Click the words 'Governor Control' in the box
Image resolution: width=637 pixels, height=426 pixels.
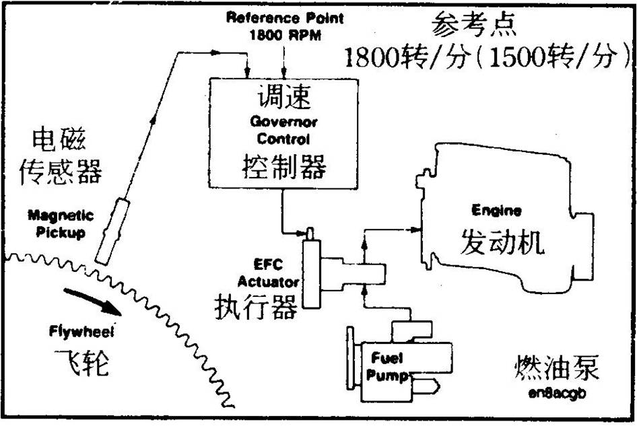pos(283,131)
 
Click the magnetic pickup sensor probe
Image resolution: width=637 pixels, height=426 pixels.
pos(111,230)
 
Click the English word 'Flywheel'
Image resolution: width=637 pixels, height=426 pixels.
pos(81,331)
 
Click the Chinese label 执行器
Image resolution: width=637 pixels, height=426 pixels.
pos(256,307)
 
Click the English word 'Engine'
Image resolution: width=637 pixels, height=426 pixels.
pos(496,211)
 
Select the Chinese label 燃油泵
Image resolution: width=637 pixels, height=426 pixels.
pos(556,369)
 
